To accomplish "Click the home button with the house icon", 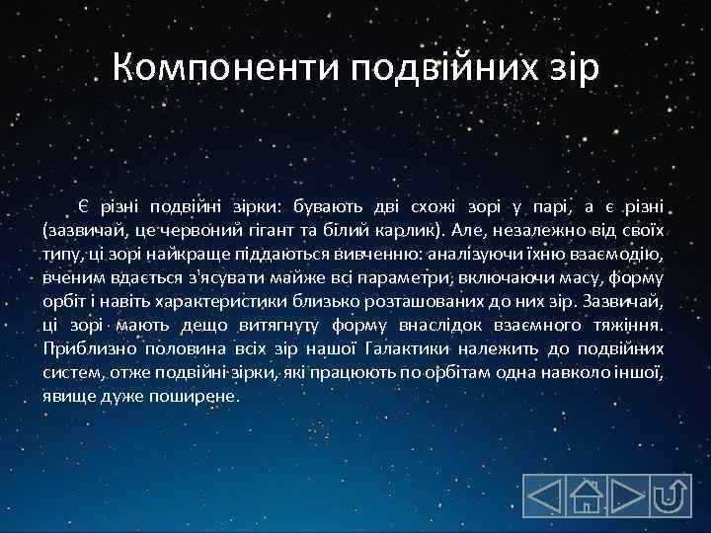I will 587,495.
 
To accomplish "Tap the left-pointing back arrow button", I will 544,495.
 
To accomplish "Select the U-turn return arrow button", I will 671,495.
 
